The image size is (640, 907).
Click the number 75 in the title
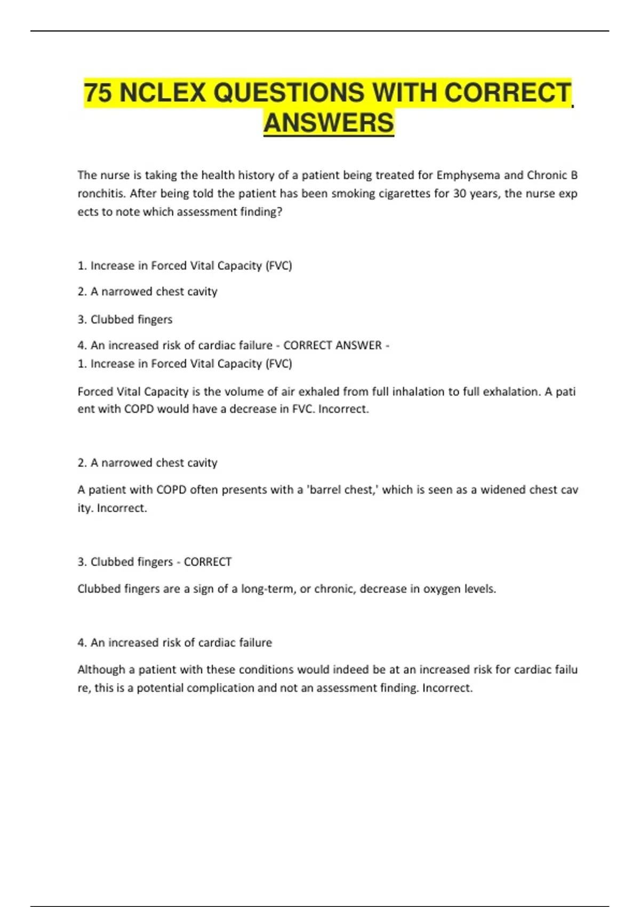coord(98,93)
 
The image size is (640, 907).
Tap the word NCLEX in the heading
coord(163,93)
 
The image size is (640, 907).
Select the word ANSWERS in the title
coord(329,123)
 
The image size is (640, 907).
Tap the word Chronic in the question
coord(547,176)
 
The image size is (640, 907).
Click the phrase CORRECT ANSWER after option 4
coord(332,346)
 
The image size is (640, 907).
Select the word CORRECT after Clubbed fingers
coord(207,562)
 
